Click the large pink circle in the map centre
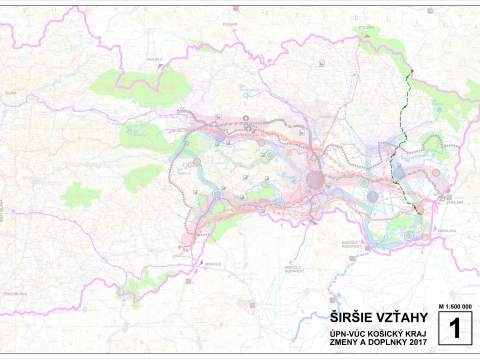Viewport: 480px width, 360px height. (x=316, y=180)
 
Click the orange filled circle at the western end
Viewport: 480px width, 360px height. (x=197, y=161)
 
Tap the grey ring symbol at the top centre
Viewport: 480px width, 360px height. (x=246, y=120)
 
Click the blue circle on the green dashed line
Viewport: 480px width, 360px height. (x=398, y=172)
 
